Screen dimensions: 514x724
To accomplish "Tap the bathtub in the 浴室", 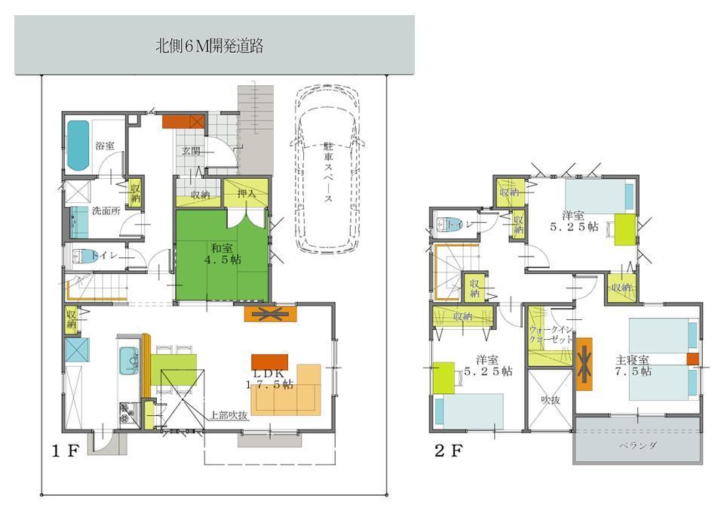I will click(x=78, y=144).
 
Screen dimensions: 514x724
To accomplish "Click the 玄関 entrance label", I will click(x=190, y=151).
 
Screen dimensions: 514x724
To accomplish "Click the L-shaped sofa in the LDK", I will click(x=294, y=393).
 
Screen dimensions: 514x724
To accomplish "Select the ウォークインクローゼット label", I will click(x=550, y=335).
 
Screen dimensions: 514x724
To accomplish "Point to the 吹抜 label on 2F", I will click(x=550, y=400).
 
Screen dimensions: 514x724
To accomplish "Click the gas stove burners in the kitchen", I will click(x=126, y=411).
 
